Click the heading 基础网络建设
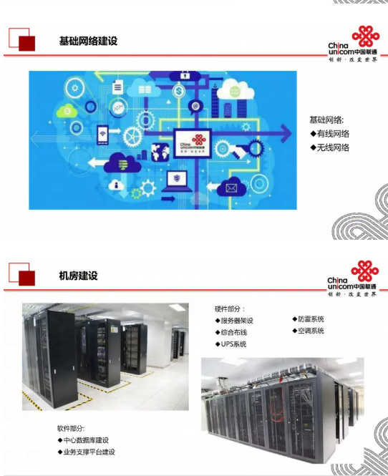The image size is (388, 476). [x=88, y=41]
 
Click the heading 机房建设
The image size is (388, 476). [x=78, y=276]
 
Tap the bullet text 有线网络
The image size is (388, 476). [x=333, y=134]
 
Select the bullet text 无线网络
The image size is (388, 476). [x=333, y=147]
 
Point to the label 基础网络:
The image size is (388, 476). [x=326, y=120]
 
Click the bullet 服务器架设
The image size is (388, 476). [x=237, y=321]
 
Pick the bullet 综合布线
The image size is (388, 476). [x=233, y=332]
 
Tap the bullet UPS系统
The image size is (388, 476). [x=233, y=344]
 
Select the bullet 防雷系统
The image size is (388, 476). [x=311, y=319]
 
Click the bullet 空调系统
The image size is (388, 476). [x=311, y=331]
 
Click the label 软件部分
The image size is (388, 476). [x=71, y=428]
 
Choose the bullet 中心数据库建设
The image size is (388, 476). [x=86, y=440]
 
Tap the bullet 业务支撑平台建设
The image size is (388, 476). [x=89, y=452]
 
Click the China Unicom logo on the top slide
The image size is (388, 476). [x=353, y=44]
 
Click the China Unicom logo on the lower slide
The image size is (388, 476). [x=353, y=278]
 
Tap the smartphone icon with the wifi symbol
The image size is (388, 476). [x=102, y=135]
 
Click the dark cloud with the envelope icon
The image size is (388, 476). [x=231, y=187]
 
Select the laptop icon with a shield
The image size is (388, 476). [x=177, y=182]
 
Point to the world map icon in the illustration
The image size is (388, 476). [x=160, y=152]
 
